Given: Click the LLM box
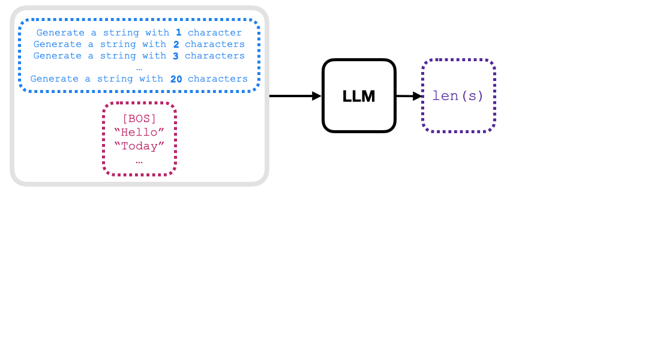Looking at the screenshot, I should click(359, 95).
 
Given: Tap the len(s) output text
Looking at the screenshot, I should click(458, 96).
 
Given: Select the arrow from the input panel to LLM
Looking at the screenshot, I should click(295, 95).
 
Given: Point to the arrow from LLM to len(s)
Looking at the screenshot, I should click(409, 96).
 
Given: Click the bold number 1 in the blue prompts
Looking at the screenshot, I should click(178, 33).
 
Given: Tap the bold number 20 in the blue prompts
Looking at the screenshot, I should click(176, 79).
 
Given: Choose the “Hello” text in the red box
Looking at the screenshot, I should click(139, 133).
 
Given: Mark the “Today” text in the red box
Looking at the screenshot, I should click(139, 146).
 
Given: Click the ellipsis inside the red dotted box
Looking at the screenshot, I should click(139, 160).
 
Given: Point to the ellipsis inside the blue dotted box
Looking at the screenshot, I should click(139, 67).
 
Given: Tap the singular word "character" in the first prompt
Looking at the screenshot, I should click(215, 33).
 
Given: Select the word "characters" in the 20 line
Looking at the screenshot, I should click(218, 79).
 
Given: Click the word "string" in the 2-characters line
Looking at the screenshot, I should click(118, 44).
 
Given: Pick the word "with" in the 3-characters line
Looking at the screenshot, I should click(154, 56).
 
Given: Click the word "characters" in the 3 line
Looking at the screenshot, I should click(215, 56).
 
